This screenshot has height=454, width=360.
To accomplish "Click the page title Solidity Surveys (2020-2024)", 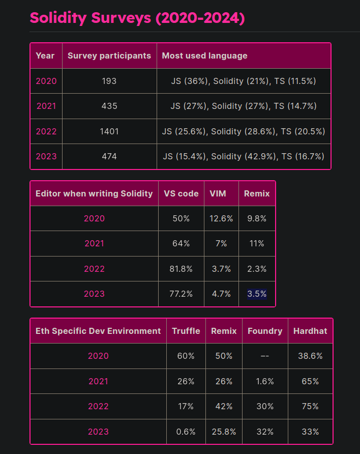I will point(137,18).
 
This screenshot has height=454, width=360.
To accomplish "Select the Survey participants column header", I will point(109,55).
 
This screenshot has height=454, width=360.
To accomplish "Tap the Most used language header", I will point(204,55).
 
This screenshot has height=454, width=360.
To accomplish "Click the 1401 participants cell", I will point(109,131).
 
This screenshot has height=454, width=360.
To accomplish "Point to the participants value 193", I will point(109,81).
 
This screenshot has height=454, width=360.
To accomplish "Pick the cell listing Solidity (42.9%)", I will point(244,156).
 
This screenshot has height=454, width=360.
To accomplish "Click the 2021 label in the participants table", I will point(46,106).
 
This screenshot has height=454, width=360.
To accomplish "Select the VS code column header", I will point(181,193).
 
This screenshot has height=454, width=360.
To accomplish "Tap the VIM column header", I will point(221,193).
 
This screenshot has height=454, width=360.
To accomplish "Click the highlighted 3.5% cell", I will point(257,294).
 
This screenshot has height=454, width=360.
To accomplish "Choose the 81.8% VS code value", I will point(181,269).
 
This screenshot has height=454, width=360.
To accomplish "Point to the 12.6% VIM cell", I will point(221,218).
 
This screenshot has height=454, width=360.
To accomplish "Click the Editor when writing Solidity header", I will point(94,193).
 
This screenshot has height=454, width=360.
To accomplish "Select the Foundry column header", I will point(265,331).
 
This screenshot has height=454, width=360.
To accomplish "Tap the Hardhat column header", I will point(310,331).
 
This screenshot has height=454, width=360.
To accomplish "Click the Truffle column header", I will point(186,331).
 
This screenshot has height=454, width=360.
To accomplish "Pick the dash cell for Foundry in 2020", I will point(265,356).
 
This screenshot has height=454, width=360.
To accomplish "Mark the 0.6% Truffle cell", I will point(186,432).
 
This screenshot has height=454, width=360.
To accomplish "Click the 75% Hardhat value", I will point(310,406).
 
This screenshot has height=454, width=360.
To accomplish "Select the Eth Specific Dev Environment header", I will point(98,331).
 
